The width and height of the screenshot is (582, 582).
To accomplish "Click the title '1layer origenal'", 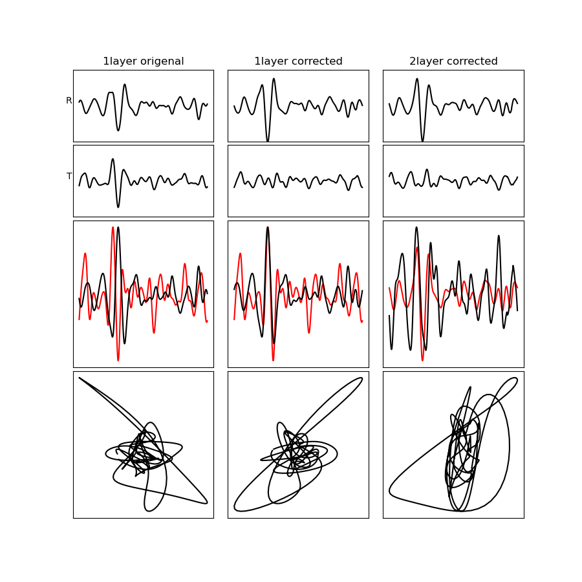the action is point(144,61).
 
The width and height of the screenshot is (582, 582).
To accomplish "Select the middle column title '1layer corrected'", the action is point(298,61).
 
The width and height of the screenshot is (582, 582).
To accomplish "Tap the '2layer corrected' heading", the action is point(453,61).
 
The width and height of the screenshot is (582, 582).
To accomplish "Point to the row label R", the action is point(69,101).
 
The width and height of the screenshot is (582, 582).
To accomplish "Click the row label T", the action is point(69,177).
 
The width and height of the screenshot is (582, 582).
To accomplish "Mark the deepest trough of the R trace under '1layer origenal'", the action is point(118,130).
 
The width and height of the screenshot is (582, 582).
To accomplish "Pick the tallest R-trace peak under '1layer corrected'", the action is point(274,79).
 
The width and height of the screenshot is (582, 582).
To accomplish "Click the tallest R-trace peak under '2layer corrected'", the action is point(417,79).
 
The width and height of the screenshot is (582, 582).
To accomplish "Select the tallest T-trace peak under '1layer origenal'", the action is point(113,159).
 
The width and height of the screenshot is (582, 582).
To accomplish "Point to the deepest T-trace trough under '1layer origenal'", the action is point(118,207).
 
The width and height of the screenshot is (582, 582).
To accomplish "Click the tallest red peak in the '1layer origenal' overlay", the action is point(113,227).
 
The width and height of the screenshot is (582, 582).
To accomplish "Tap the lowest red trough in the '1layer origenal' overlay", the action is point(118,360).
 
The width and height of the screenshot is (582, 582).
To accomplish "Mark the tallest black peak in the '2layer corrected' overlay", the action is point(416,227).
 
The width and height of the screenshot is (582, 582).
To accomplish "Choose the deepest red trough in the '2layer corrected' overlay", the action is point(422,360).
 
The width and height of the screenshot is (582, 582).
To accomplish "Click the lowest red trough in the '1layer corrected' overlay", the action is point(273,360).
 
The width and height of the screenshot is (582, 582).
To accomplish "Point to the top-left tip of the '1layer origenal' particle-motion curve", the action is point(80,378).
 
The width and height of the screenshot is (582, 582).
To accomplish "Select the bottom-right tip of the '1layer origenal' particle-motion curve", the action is point(207,502).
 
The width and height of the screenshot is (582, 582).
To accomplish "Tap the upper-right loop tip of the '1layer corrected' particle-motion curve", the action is point(361,378).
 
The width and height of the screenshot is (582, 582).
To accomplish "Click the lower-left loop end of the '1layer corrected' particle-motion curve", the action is point(235,508).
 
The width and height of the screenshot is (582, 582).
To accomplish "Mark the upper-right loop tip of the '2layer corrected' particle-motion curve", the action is point(516,378).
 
